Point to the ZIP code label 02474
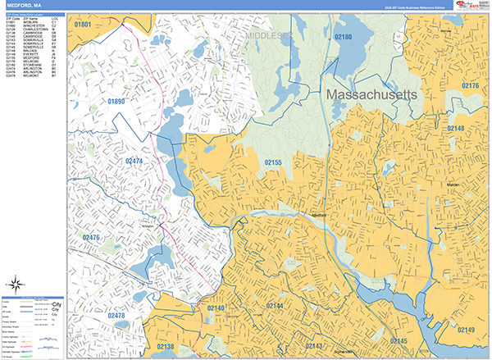pyautogui.click(x=134, y=162)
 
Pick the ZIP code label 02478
pyautogui.click(x=117, y=315)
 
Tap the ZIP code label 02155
pyautogui.click(x=273, y=163)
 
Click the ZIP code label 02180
pyautogui.click(x=343, y=37)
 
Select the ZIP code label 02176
pyautogui.click(x=470, y=85)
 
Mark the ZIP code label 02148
pyautogui.click(x=455, y=129)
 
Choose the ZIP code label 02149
pyautogui.click(x=466, y=330)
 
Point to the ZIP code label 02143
pyautogui.click(x=314, y=347)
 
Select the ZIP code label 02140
pyautogui.click(x=216, y=308)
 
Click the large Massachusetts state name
pyautogui.click(x=372, y=95)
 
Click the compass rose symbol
pyautogui.click(x=13, y=287)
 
